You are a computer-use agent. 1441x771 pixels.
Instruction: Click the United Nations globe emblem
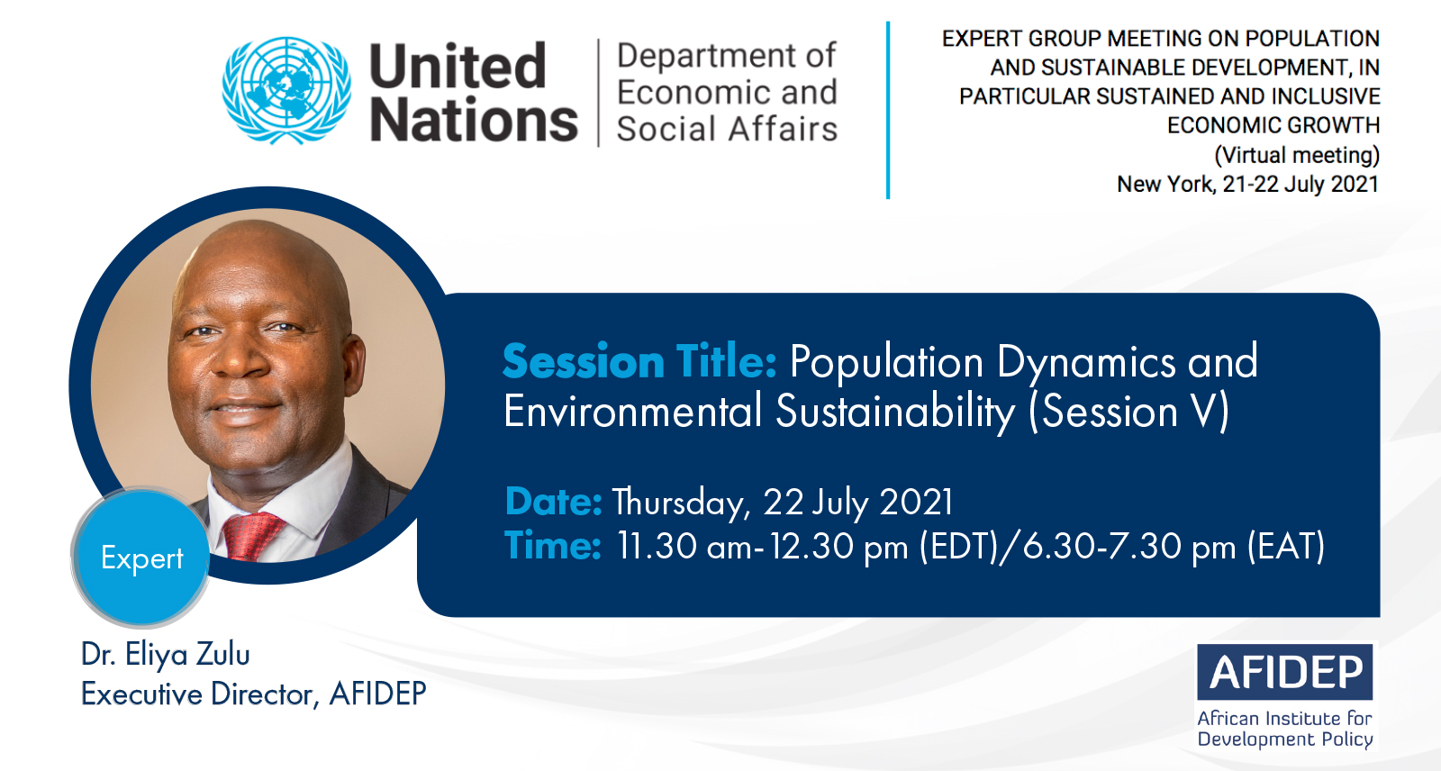(x=287, y=90)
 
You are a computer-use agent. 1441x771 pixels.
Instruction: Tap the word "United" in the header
(x=458, y=66)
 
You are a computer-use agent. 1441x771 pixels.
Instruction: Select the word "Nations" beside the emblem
(x=474, y=120)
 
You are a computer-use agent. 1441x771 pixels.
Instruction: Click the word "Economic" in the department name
(x=690, y=92)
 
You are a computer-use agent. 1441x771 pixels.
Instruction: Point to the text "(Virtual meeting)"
(x=1297, y=155)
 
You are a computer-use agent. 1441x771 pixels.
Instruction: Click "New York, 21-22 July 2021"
(x=1248, y=184)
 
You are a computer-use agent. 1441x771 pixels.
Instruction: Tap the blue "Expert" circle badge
(x=142, y=558)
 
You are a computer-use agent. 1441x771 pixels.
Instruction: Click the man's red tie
(x=252, y=535)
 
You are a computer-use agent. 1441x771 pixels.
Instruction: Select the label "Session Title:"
(x=640, y=361)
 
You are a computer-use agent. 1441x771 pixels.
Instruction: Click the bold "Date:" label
(x=554, y=502)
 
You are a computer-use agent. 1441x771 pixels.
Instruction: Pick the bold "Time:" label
(x=553, y=545)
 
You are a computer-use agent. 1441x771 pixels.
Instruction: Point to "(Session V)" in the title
(x=1129, y=412)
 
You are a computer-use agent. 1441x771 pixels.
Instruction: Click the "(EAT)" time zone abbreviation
(x=1286, y=547)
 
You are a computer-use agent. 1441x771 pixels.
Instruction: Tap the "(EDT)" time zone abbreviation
(x=958, y=547)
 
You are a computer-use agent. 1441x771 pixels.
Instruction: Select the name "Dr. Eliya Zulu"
(x=166, y=655)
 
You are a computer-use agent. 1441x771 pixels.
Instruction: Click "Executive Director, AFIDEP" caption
(x=253, y=694)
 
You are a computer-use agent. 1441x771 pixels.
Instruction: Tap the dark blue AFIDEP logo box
(x=1284, y=672)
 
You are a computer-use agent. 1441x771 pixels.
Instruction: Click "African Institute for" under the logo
(x=1284, y=718)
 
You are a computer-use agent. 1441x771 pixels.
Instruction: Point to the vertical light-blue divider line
(x=888, y=110)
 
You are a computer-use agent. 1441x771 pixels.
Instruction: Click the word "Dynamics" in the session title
(x=1086, y=363)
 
